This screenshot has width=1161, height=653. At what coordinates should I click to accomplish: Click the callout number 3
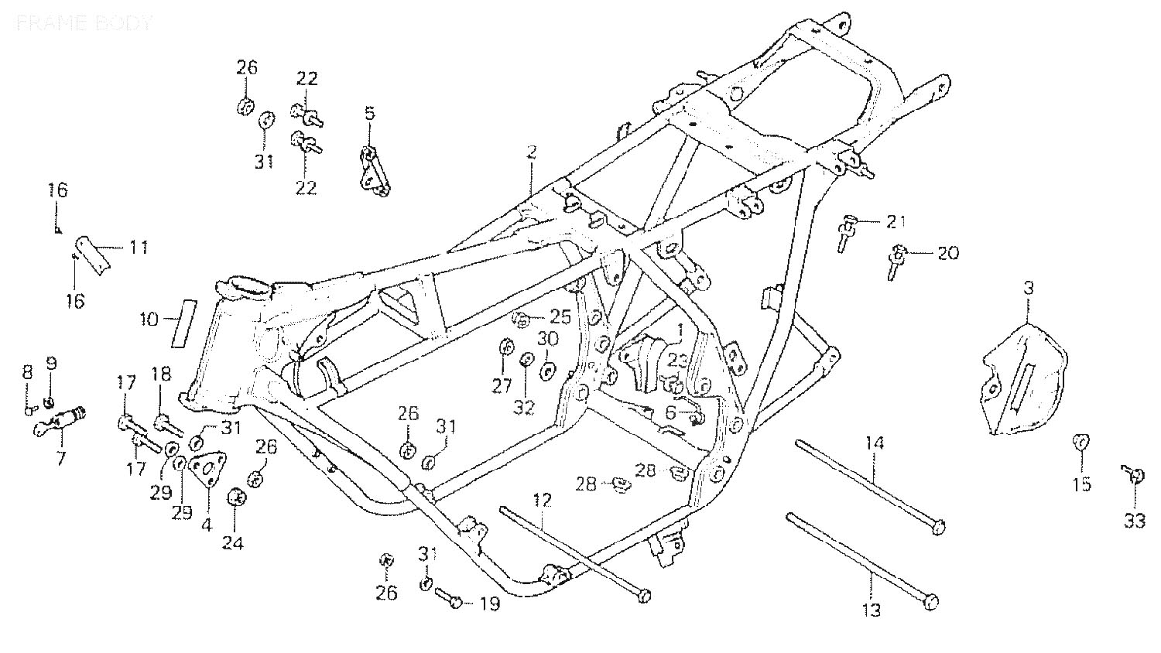pos(1028,289)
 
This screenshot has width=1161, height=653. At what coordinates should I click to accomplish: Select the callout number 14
pos(874,444)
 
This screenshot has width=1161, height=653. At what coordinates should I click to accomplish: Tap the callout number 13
pos(872,610)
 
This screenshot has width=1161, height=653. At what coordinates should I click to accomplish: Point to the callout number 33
pos(1134,521)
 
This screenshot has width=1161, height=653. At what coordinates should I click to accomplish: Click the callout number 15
pos(1081,484)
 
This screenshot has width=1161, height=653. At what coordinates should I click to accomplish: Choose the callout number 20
pos(947,253)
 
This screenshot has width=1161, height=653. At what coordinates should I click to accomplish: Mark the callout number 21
pos(895,222)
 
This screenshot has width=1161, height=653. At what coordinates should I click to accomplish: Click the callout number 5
pos(369,114)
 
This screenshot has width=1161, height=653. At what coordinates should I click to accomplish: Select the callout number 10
pos(149,318)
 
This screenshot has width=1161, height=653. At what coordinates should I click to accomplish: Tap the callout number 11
pos(139,248)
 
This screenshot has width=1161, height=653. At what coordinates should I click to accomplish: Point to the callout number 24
pos(232,543)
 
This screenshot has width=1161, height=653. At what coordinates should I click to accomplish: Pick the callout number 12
pos(543,500)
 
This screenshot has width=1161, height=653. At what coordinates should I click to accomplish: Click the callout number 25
pos(560,316)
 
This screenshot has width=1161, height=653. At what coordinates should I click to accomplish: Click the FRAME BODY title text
pos(84,22)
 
